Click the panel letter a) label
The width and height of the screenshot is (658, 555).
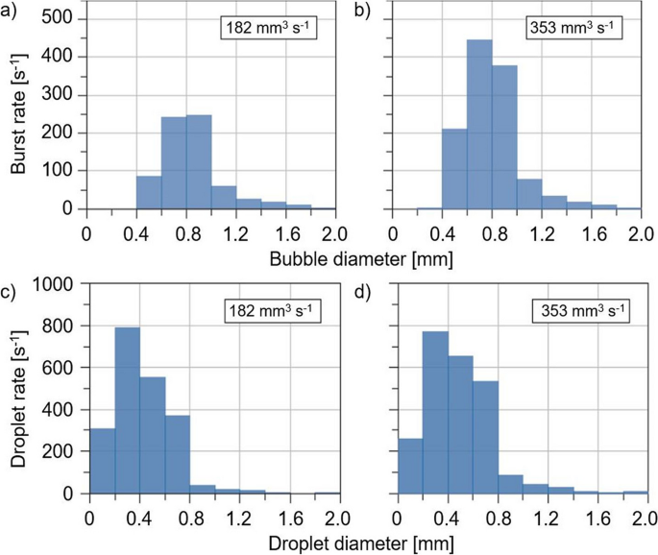[12, 12]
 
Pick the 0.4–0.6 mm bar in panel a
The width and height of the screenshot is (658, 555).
[149, 192]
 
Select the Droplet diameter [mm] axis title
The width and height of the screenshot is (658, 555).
[363, 542]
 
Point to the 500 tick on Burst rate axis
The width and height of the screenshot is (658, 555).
[61, 19]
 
